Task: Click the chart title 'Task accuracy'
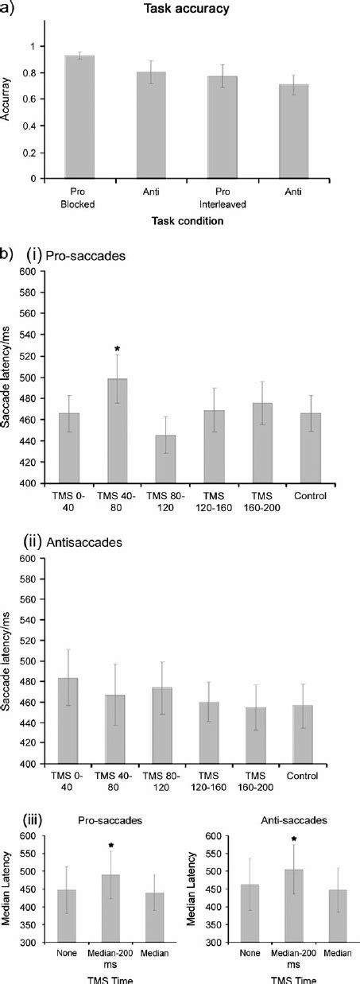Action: point(191,9)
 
